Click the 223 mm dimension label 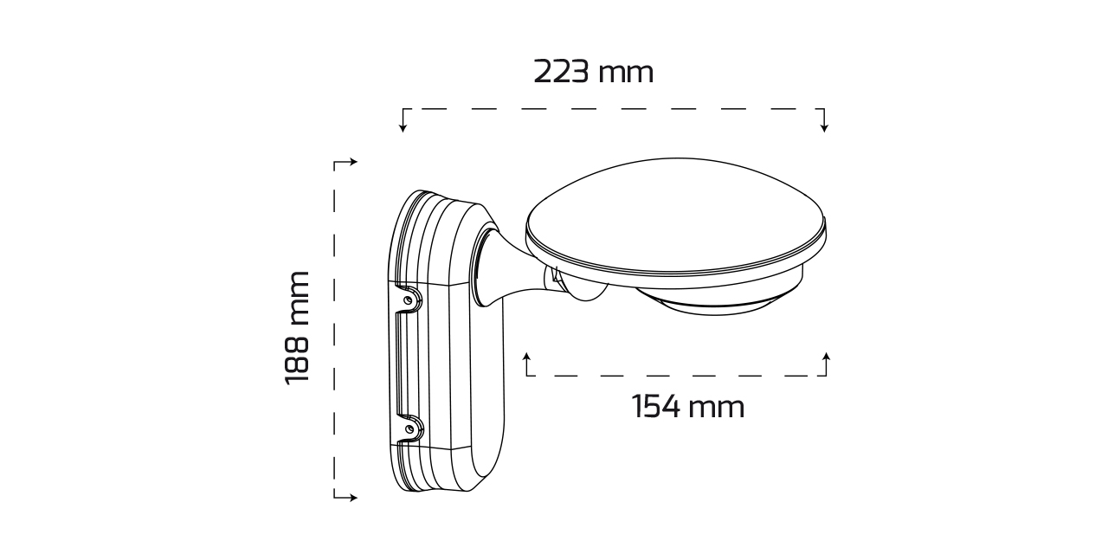(x=594, y=72)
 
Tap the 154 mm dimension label (x=687, y=407)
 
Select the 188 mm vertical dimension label (x=297, y=327)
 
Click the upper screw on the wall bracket (x=408, y=300)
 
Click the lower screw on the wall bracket (x=409, y=428)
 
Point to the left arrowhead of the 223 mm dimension (x=403, y=128)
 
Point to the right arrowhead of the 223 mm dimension (x=824, y=128)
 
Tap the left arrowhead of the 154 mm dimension (x=527, y=357)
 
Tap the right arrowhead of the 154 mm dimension (x=826, y=357)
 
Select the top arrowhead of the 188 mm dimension (x=353, y=162)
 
